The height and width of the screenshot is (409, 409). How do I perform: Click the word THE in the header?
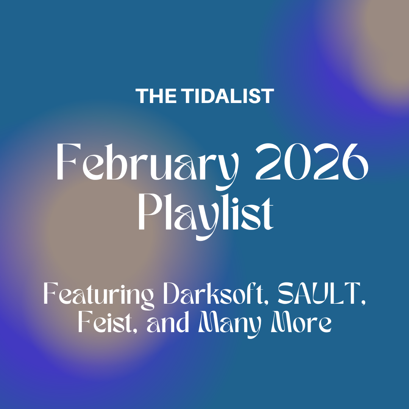tap(156, 96)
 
